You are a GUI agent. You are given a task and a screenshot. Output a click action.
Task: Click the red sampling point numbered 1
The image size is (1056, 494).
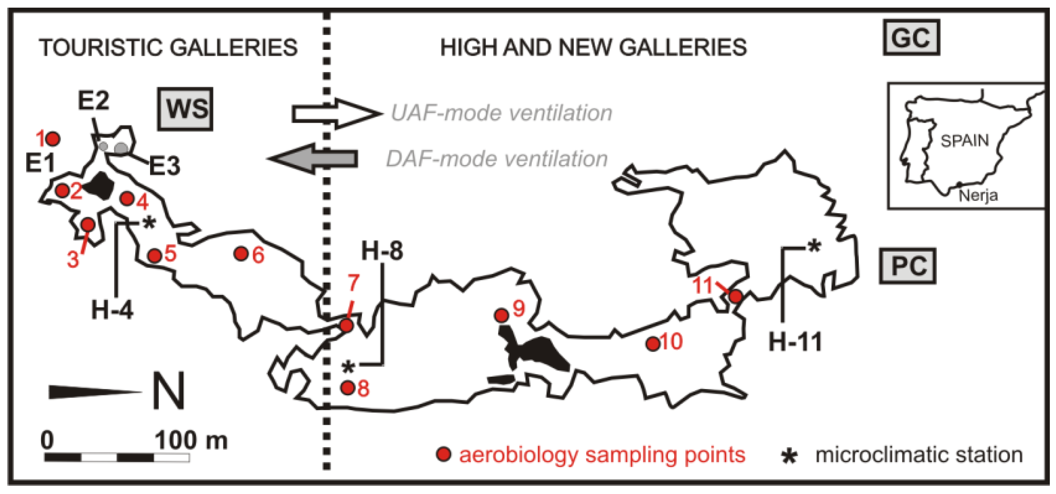pos(53,139)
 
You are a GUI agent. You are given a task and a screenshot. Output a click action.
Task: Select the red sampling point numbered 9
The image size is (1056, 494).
pos(501,316)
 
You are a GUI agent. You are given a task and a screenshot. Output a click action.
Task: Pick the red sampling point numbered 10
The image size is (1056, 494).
pos(653,344)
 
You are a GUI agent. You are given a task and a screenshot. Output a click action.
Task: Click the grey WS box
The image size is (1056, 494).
pos(185,109)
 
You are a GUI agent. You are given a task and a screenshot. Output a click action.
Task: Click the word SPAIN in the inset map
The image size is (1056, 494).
pos(964,141)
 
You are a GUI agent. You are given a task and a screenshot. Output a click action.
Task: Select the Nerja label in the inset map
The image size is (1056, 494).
pos(978,196)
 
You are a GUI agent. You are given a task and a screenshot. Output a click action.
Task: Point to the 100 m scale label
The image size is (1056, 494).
pos(191,441)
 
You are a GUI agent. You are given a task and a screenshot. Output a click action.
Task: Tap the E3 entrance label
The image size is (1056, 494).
pos(164,166)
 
